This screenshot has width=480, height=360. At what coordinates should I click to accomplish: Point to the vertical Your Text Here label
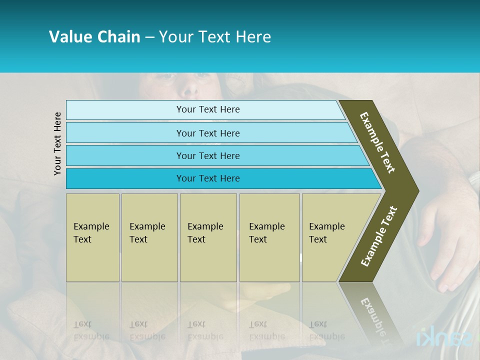(57, 143)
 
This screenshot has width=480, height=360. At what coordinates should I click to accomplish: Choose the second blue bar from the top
(208, 133)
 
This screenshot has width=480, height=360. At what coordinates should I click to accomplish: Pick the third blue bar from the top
(208, 155)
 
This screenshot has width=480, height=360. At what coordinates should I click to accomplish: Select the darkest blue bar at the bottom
(208, 178)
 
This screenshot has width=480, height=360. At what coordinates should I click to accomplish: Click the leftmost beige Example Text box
(92, 237)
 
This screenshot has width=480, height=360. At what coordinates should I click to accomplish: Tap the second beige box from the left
(149, 237)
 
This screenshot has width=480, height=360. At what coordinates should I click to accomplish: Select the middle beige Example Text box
(208, 237)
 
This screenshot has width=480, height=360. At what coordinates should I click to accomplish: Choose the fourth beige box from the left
(269, 237)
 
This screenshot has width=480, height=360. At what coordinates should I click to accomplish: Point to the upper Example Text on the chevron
(377, 142)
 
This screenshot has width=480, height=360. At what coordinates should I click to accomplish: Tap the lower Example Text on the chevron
(379, 236)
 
